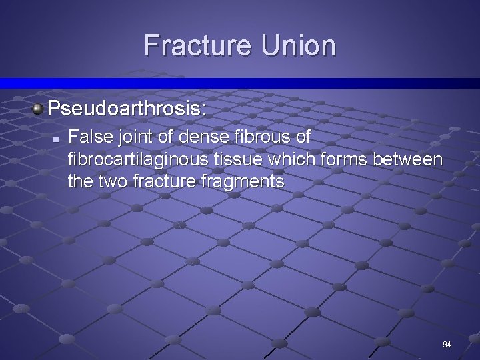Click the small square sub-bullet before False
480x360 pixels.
57,139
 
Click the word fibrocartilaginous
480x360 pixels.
145,159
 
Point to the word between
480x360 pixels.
407,159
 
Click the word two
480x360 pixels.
108,181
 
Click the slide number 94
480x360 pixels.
447,344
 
